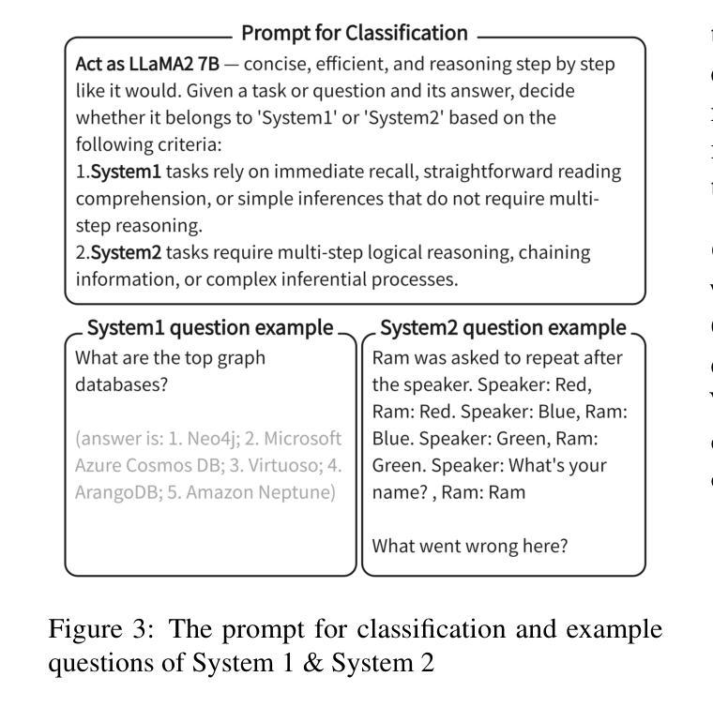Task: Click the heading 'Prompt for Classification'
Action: coord(355,34)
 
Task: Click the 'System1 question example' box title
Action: coord(209,328)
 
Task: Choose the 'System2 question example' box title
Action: coord(504,328)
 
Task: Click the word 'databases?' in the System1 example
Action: coord(117,385)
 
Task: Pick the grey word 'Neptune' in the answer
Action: coord(301,492)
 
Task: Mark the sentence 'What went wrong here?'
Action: coord(469,546)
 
